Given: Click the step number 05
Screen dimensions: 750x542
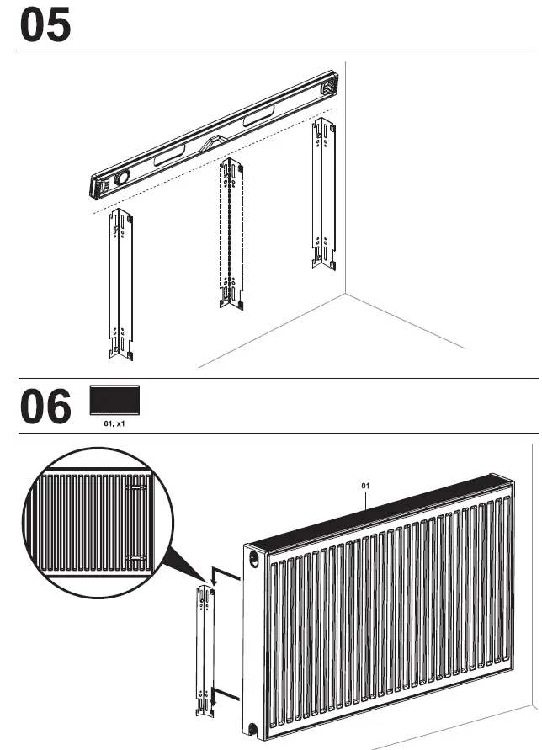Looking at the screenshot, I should tap(45, 26).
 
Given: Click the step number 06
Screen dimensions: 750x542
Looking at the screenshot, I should tap(45, 407).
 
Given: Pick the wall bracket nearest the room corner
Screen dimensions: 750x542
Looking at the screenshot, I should tap(323, 193).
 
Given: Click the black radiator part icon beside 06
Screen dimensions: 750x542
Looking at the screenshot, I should tap(114, 401).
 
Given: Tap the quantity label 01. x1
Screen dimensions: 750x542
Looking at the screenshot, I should tap(114, 424).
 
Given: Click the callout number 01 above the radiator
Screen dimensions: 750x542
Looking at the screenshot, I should tap(365, 486).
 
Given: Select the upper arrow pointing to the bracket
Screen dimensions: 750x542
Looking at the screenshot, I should tap(220, 574).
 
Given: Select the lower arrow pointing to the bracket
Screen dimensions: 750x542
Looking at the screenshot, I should tap(219, 693).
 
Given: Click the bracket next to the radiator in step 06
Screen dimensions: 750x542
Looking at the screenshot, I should tap(205, 650).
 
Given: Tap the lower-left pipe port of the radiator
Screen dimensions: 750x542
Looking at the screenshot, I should tap(252, 729).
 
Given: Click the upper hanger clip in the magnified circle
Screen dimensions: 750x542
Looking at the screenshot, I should tap(135, 487).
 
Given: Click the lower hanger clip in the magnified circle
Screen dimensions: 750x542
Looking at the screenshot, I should tap(135, 557).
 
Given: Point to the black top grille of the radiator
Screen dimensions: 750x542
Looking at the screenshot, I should tap(379, 515).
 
